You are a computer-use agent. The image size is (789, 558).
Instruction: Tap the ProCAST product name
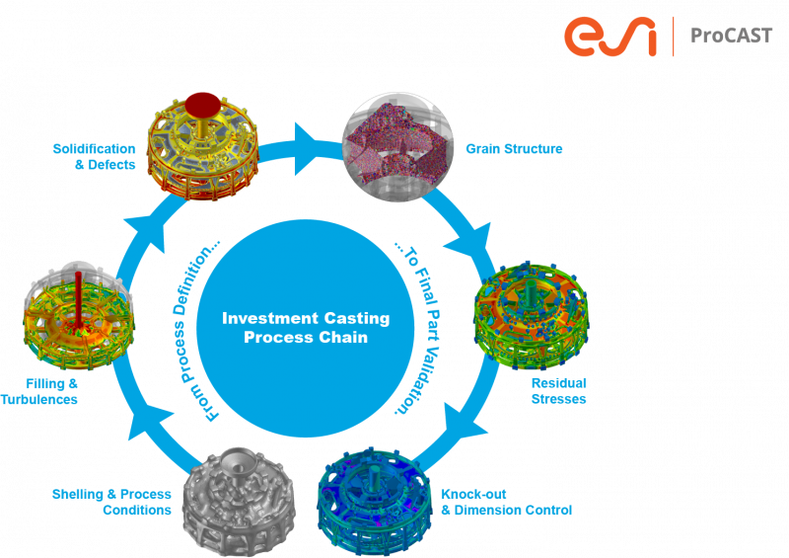731,37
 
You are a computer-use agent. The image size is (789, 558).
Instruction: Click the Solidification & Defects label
95,156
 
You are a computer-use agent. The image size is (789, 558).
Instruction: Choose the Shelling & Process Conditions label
111,502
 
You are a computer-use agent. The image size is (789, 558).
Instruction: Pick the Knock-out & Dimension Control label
505,502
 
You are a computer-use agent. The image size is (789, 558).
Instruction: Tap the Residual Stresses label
559,390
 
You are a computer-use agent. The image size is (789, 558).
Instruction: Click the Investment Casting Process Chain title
306,328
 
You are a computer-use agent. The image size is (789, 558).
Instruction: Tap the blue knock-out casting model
375,499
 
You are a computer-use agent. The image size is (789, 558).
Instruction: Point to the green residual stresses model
531,311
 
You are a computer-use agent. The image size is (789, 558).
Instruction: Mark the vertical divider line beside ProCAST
673,36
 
